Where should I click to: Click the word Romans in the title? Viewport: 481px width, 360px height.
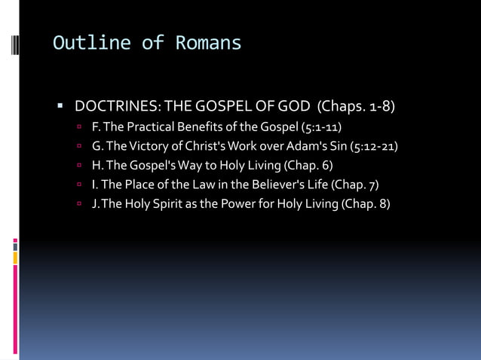[209, 43]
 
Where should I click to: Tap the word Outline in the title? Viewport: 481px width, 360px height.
[91, 43]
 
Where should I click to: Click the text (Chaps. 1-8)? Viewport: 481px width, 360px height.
[356, 105]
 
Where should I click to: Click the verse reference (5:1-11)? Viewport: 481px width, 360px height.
[321, 126]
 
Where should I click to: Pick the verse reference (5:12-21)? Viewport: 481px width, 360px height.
[374, 145]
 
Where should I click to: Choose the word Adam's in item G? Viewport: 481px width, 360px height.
[302, 145]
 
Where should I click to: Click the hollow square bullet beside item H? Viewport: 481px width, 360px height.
[78, 166]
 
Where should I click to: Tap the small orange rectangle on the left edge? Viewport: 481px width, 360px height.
[15, 258]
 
